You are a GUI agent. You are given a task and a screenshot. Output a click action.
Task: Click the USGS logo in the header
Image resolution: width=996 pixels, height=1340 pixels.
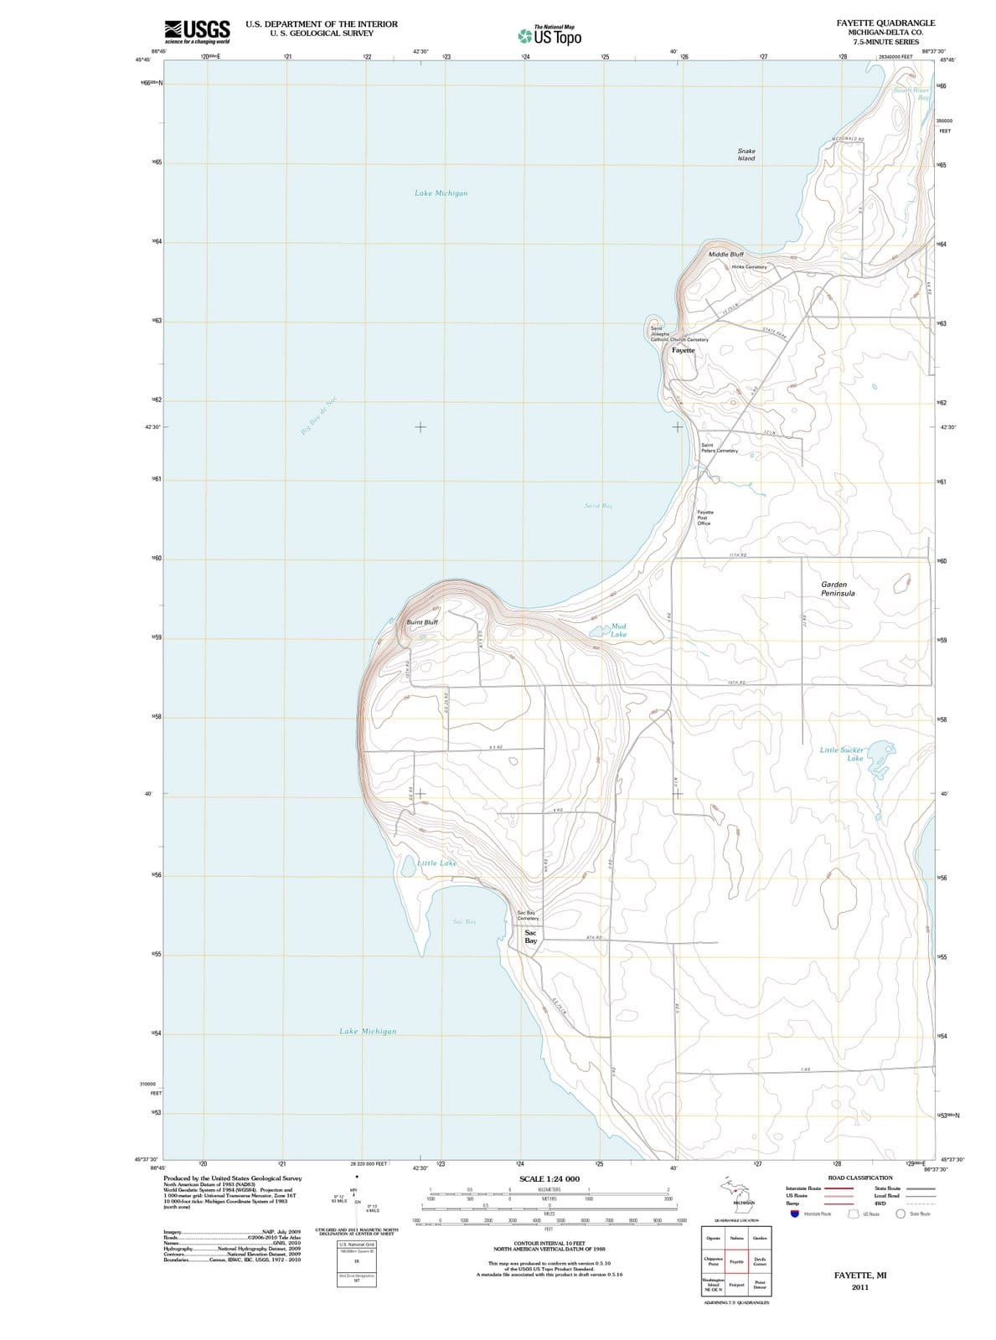(x=198, y=31)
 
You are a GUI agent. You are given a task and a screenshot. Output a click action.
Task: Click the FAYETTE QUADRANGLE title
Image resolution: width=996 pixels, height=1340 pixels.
(x=885, y=23)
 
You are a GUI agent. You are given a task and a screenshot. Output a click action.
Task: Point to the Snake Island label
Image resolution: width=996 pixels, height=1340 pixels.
(x=746, y=155)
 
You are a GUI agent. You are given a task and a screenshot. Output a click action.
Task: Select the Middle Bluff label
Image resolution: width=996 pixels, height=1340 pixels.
(x=725, y=255)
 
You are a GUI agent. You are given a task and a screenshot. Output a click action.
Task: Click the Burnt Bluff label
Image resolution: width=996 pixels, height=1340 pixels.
(x=422, y=622)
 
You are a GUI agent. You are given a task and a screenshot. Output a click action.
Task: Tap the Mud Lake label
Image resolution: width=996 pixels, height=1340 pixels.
(x=618, y=630)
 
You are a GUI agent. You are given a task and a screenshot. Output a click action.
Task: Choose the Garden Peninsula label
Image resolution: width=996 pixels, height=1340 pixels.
(x=838, y=589)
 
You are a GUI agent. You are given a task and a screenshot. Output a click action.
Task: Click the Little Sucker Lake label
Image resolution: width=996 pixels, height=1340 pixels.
(x=843, y=754)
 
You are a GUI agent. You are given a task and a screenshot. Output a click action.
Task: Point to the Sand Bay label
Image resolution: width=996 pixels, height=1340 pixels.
(x=598, y=506)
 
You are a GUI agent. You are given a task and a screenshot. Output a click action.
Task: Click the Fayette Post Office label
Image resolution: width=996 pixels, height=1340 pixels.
(x=704, y=518)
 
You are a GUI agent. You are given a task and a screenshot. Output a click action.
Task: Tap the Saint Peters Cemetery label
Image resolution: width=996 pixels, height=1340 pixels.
(x=719, y=448)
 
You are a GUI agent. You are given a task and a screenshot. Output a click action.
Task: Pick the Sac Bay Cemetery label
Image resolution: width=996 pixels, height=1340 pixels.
(x=528, y=915)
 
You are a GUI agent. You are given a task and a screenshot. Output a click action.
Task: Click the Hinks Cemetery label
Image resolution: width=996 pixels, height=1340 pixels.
(x=749, y=267)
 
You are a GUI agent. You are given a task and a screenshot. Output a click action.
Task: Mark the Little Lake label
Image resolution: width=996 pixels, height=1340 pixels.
(x=437, y=863)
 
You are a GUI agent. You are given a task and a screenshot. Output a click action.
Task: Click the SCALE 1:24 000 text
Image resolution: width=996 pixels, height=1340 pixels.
(x=549, y=1178)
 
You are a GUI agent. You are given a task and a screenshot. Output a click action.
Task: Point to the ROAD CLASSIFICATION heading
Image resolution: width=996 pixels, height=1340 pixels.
(x=859, y=1178)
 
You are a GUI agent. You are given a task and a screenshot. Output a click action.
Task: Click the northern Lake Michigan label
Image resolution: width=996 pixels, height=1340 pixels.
(x=441, y=193)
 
